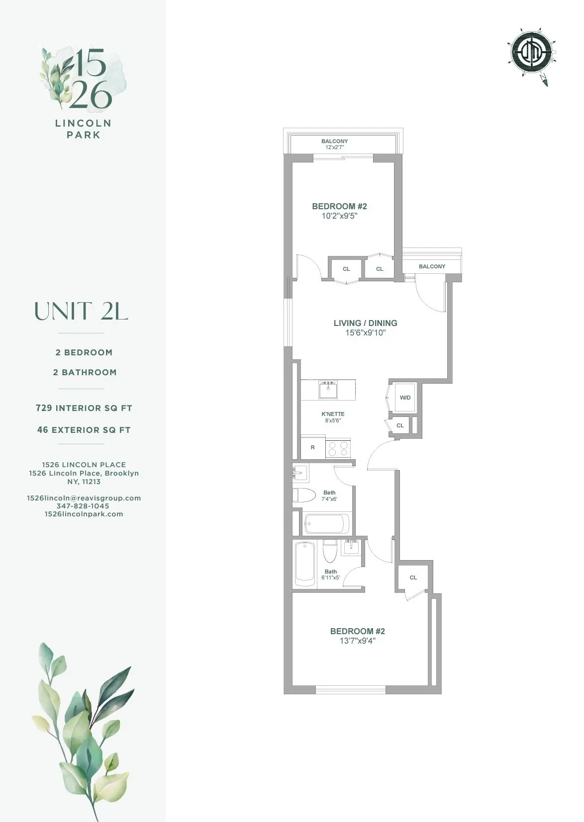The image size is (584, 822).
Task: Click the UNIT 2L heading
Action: pyautogui.click(x=81, y=312)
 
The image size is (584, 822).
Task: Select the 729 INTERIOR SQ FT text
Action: pyautogui.click(x=84, y=408)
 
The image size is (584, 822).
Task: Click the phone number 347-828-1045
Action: pyautogui.click(x=83, y=506)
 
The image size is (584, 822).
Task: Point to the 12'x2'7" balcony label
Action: pyautogui.click(x=334, y=148)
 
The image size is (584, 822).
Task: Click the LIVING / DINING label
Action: pyautogui.click(x=365, y=323)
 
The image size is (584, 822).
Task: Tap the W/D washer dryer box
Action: pyautogui.click(x=405, y=398)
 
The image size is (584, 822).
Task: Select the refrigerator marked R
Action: pyautogui.click(x=313, y=447)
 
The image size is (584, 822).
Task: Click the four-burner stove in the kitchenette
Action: pyautogui.click(x=338, y=448)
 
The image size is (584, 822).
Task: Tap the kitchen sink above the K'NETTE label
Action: pyautogui.click(x=328, y=390)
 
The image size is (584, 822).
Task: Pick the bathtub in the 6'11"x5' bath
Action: pyautogui.click(x=305, y=565)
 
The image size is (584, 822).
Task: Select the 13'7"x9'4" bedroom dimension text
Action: pyautogui.click(x=357, y=641)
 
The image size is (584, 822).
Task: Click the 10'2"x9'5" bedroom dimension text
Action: pyautogui.click(x=339, y=216)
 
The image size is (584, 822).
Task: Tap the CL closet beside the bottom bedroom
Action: pyautogui.click(x=413, y=577)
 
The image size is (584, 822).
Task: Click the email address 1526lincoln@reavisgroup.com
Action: pyautogui.click(x=84, y=498)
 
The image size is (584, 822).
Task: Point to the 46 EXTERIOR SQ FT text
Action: pyautogui.click(x=84, y=430)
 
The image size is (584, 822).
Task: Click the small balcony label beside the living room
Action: pyautogui.click(x=432, y=266)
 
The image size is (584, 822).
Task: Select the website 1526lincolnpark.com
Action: pyautogui.click(x=84, y=514)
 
